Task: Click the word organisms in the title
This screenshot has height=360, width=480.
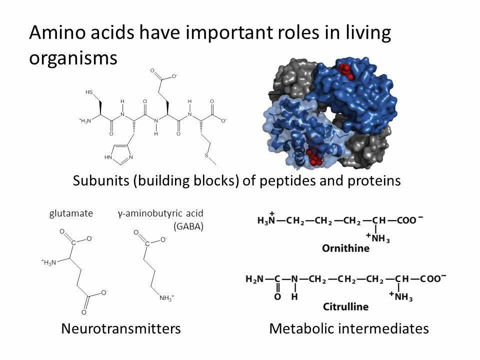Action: pyautogui.click(x=73, y=58)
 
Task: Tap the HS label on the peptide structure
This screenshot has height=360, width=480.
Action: pyautogui.click(x=89, y=92)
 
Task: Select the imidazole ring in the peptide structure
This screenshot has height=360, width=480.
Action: pyautogui.click(x=119, y=152)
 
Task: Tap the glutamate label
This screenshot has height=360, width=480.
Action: pyautogui.click(x=71, y=213)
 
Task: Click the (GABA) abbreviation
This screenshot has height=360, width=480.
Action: pyautogui.click(x=188, y=226)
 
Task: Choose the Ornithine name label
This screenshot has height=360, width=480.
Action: pyautogui.click(x=346, y=248)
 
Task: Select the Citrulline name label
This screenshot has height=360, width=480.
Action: pyautogui.click(x=346, y=306)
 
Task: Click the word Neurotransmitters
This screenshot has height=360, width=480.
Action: pyautogui.click(x=120, y=328)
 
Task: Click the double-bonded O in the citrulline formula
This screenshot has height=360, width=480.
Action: pyautogui.click(x=277, y=297)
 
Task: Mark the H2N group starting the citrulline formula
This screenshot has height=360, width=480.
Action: pyautogui.click(x=255, y=278)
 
